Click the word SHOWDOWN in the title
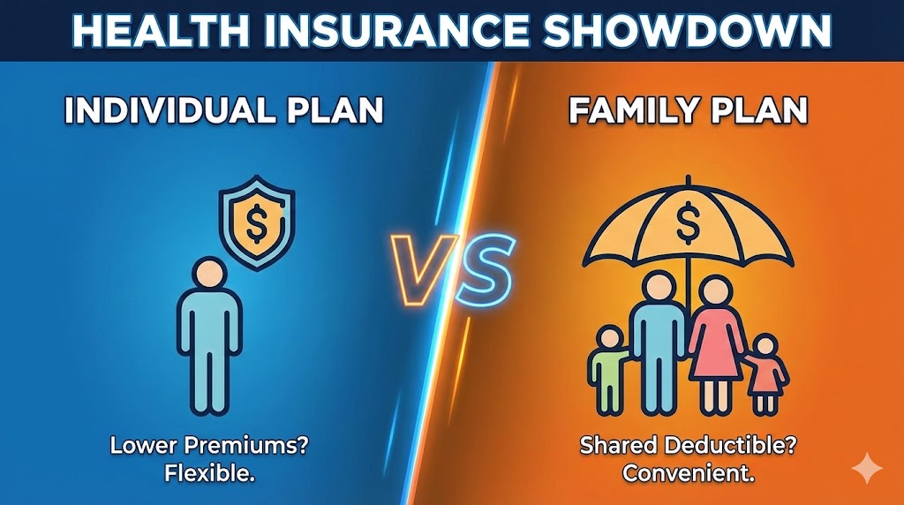pos(687,31)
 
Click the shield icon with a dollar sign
pos(257,222)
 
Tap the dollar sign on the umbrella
pos(687,222)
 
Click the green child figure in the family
pos(608,369)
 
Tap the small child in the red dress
pos(765,374)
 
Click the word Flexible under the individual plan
pos(210,474)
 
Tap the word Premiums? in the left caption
pos(246,446)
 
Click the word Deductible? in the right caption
pos(730,446)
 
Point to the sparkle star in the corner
pos(867,468)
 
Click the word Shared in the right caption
pos(618,446)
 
